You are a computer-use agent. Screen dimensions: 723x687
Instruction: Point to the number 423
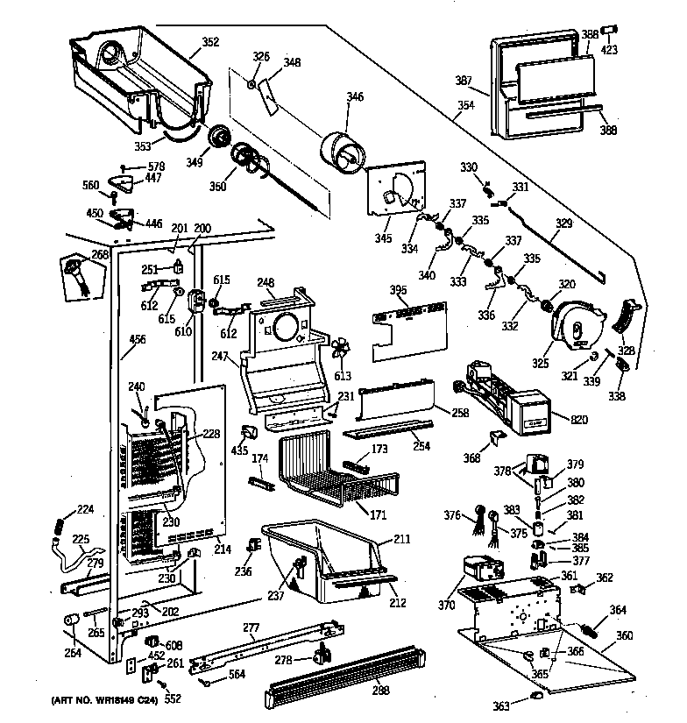(x=609, y=50)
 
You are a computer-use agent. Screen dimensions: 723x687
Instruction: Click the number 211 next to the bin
(x=402, y=538)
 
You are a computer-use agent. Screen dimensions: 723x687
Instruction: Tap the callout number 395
(x=399, y=288)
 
